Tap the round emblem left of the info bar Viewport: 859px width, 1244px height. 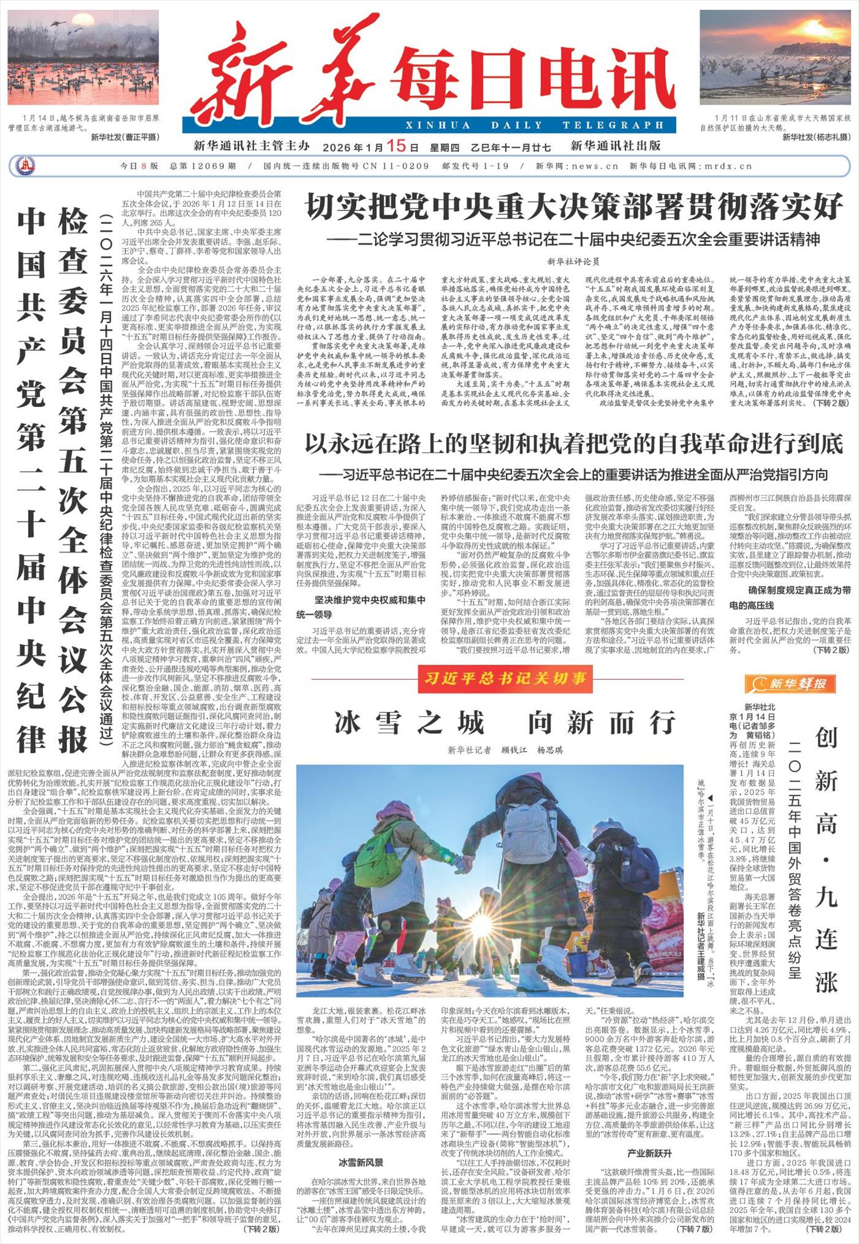[25, 166]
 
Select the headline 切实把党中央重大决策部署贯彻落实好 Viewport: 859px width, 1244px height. [574, 207]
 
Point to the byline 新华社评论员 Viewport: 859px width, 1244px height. [573, 262]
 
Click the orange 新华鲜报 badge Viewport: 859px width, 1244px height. [790, 683]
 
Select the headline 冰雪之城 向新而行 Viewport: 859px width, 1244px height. [505, 722]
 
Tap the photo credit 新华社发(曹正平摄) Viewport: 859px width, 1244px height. [125, 137]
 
